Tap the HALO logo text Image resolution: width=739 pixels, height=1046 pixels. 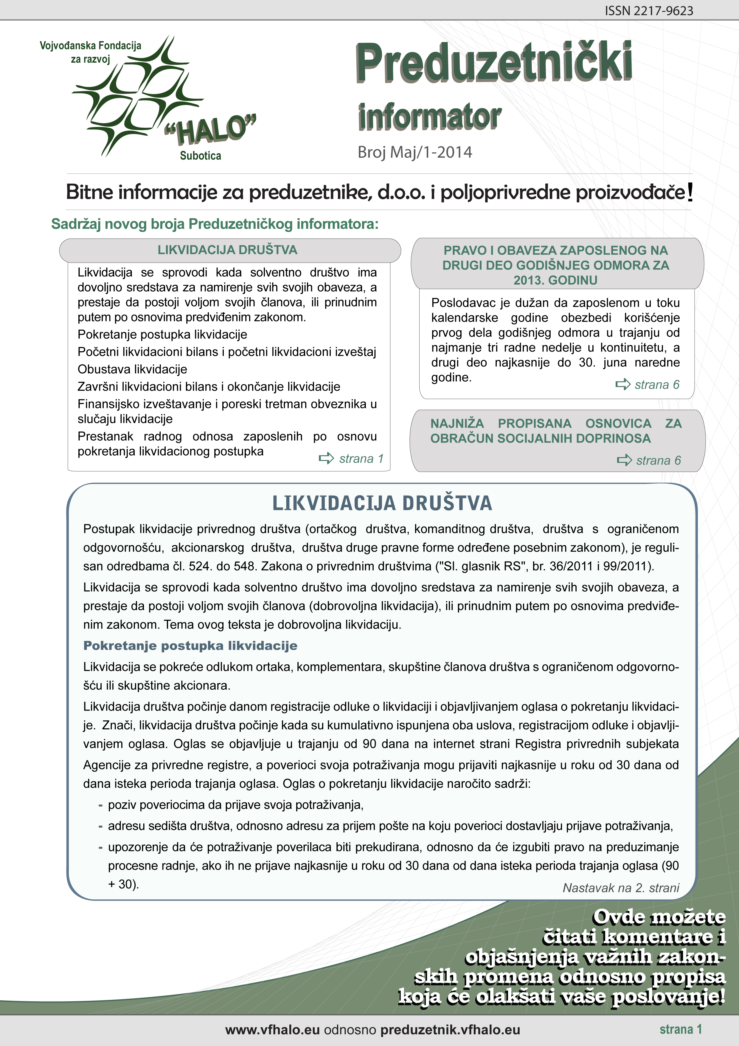211,129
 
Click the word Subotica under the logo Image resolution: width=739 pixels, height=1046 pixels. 200,156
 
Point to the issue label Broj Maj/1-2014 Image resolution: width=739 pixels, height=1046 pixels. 415,152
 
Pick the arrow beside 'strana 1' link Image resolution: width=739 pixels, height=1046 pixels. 326,458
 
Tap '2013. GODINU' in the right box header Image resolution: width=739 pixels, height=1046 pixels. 555,280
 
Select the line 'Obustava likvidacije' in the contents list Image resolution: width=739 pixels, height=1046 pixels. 132,369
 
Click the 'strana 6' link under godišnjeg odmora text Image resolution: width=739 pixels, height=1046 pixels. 656,385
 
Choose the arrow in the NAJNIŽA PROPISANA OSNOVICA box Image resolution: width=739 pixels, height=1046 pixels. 624,460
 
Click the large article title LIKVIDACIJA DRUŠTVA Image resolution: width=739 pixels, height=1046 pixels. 382,503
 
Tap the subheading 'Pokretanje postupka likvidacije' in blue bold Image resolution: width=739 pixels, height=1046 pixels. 190,646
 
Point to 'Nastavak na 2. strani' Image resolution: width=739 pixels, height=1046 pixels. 621,887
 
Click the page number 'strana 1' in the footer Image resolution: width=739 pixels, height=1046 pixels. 681,1029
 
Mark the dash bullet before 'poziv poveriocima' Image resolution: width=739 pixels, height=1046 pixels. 100,805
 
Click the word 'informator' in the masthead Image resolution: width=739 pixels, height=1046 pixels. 429,117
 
